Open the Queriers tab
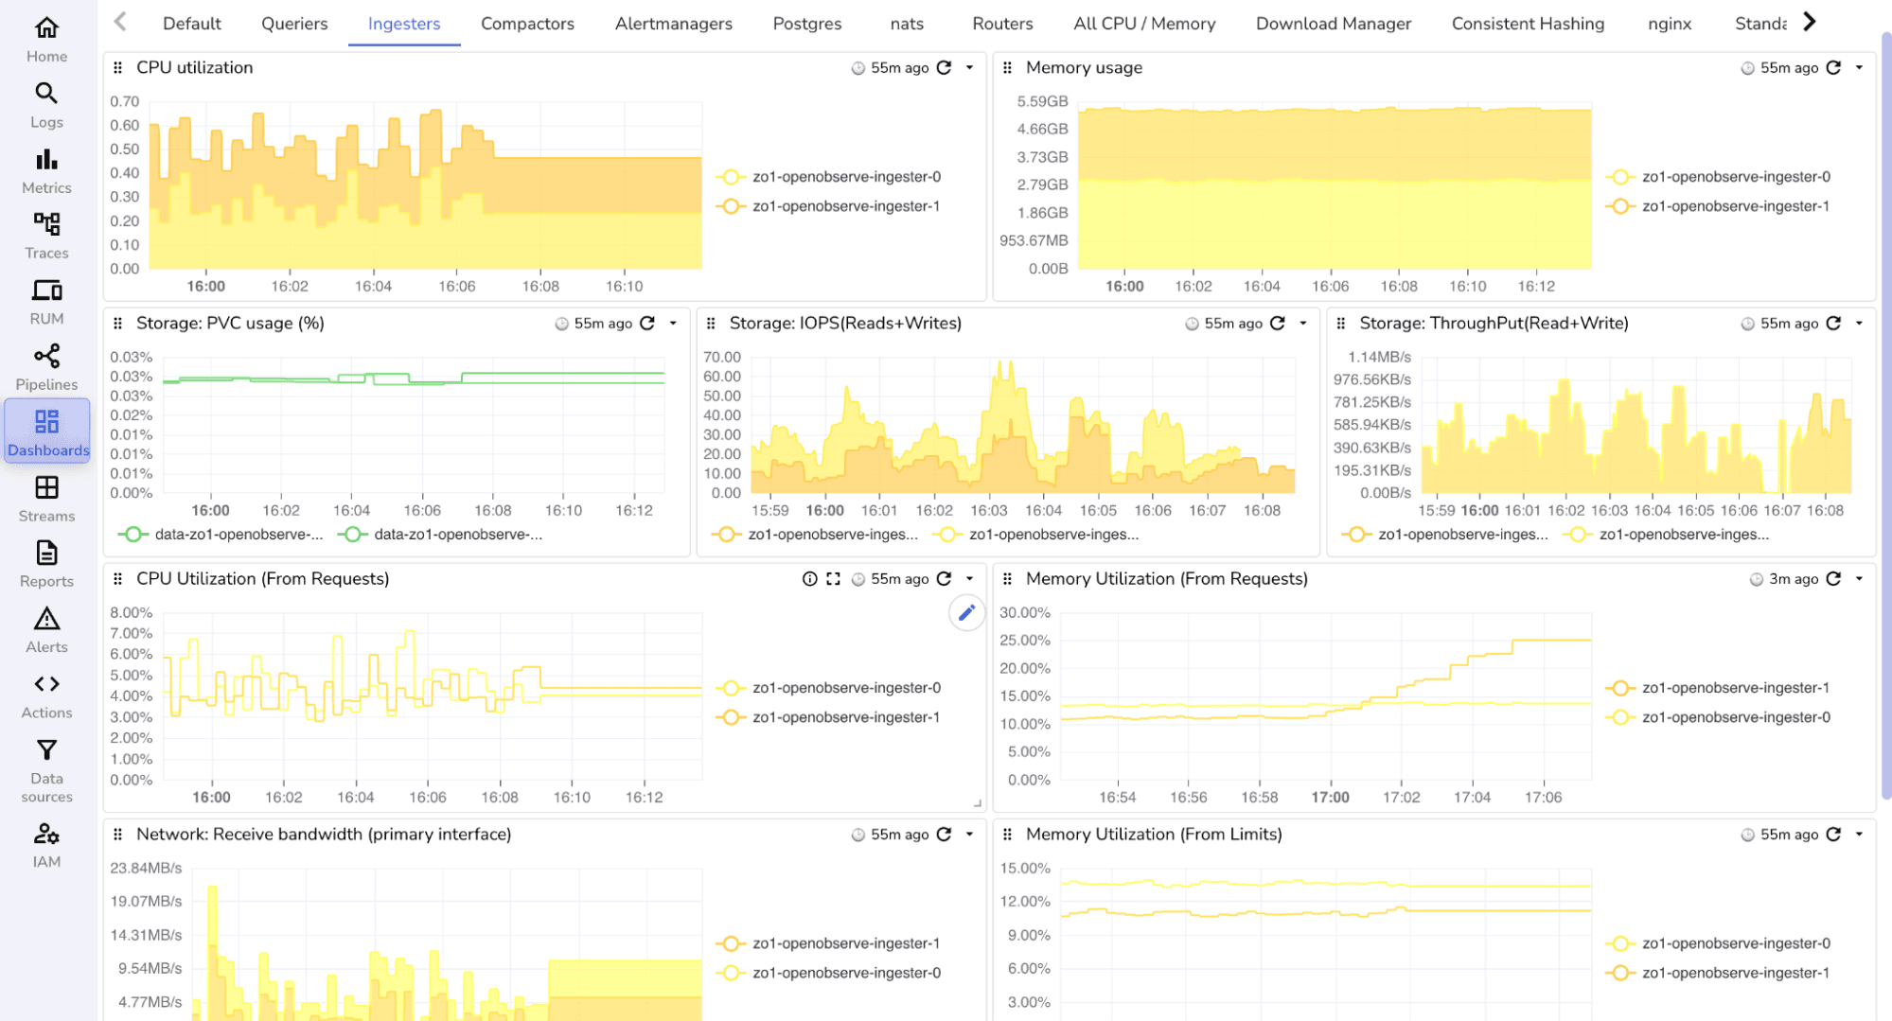click(x=294, y=24)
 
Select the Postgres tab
click(x=806, y=24)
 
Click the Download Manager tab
click(x=1333, y=24)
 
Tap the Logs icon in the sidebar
click(x=46, y=104)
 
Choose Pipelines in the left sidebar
click(x=46, y=367)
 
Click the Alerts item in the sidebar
click(x=46, y=630)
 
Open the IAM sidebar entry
click(x=46, y=845)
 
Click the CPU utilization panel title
click(x=194, y=67)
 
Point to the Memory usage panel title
click(x=1084, y=67)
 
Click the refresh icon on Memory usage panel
click(x=1833, y=67)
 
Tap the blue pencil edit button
click(x=966, y=613)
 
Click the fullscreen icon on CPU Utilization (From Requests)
click(x=833, y=579)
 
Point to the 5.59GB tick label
click(x=1042, y=101)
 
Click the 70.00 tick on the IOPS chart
click(x=721, y=357)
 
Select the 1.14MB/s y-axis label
click(x=1379, y=357)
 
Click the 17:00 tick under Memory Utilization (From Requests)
click(x=1330, y=797)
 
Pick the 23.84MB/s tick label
click(x=146, y=868)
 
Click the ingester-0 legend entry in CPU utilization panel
click(x=846, y=177)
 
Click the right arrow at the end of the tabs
click(x=1810, y=22)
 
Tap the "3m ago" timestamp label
click(x=1793, y=579)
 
